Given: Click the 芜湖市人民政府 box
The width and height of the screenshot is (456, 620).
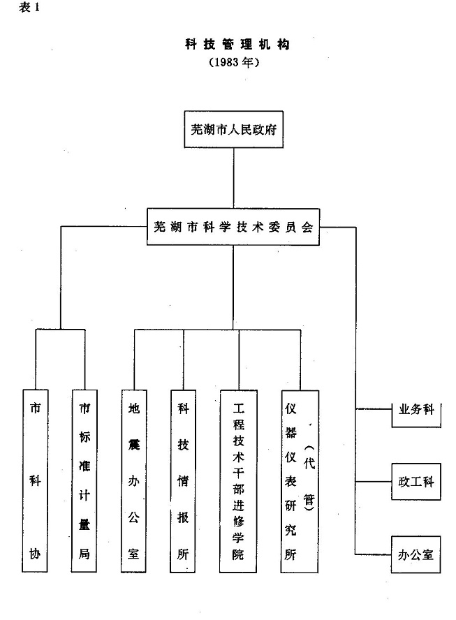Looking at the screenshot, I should click(x=233, y=129).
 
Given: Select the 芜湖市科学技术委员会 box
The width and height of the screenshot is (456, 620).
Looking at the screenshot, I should click(x=233, y=226).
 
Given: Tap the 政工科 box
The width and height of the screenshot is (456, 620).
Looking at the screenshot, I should click(x=416, y=482).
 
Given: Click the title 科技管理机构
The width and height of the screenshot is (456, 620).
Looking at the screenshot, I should click(x=233, y=44).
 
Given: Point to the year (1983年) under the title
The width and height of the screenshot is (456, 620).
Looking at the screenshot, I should click(x=233, y=62).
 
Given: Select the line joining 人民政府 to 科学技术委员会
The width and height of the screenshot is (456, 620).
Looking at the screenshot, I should click(x=233, y=177).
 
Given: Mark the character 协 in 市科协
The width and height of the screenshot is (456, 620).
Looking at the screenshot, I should click(x=34, y=555).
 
